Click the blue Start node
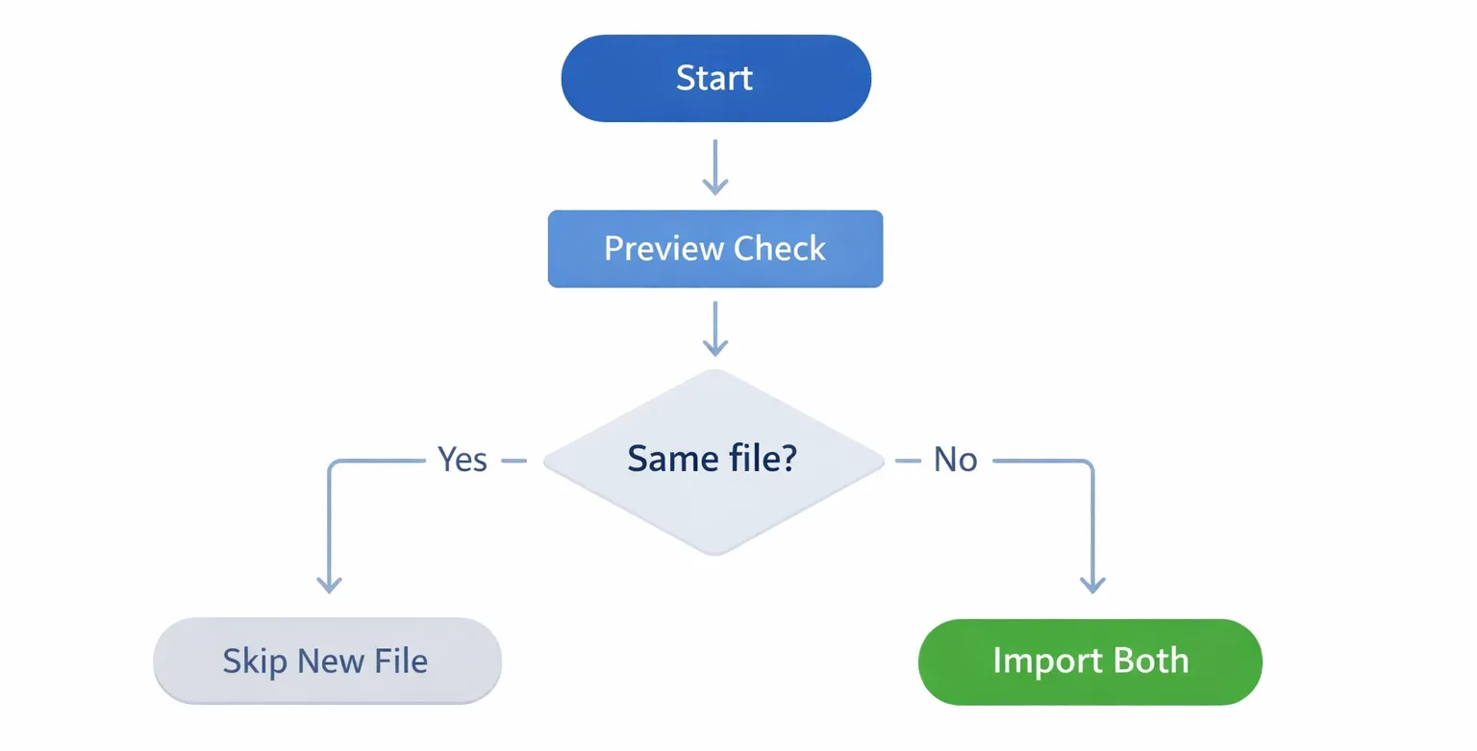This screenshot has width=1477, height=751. point(715,78)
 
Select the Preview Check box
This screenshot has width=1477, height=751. point(714,249)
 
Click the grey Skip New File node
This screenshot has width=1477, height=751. point(327,662)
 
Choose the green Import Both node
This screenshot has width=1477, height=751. point(1089,662)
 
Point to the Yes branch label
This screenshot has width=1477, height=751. point(463,461)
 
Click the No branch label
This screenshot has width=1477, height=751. point(955,461)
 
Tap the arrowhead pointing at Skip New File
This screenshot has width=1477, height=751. point(330,585)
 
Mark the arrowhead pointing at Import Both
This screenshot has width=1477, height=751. point(1092,585)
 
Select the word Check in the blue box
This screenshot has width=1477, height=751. point(780,249)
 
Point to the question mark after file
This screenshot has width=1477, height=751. point(788,460)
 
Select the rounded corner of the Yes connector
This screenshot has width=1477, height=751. point(333,464)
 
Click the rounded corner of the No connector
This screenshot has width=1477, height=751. point(1089,464)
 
